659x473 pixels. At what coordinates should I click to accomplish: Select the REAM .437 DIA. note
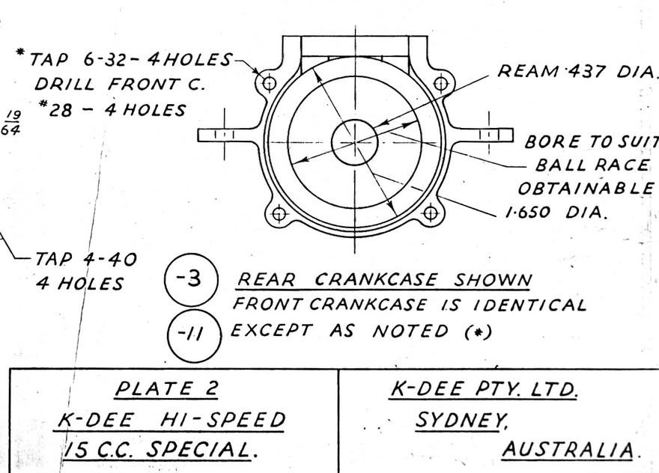click(577, 71)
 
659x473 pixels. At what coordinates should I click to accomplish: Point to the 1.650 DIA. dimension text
click(554, 212)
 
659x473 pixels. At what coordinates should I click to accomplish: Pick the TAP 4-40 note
click(86, 260)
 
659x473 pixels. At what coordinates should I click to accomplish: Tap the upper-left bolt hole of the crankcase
click(270, 82)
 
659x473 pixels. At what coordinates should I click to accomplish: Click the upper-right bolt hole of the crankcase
click(440, 83)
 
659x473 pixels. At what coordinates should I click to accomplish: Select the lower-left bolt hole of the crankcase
click(279, 214)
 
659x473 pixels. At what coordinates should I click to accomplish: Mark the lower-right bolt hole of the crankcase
click(431, 213)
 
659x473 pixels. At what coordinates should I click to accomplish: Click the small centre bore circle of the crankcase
click(354, 141)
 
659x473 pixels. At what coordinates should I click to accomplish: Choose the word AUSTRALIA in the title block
click(568, 450)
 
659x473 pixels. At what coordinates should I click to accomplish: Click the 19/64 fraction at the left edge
click(12, 122)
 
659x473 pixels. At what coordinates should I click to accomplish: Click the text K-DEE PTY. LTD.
click(485, 389)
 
